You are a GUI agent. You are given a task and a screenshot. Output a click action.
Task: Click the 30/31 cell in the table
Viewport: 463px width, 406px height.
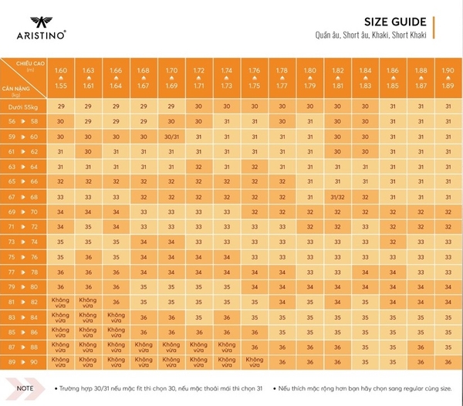point(172,137)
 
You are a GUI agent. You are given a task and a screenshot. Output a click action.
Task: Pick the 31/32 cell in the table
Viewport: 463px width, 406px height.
point(338,196)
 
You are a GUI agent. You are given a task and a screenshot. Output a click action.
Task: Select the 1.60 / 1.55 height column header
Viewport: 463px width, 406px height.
point(61,78)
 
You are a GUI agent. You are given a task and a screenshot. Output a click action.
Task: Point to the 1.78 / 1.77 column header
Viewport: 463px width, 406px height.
point(282,78)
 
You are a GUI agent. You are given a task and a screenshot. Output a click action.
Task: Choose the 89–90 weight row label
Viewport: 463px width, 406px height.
point(24,360)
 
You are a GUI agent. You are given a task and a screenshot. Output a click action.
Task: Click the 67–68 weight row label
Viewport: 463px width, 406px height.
point(24,196)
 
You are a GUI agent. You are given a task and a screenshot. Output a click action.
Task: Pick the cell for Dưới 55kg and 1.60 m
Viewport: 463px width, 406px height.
point(61,105)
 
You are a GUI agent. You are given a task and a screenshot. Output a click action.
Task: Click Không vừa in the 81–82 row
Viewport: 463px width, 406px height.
point(61,301)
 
